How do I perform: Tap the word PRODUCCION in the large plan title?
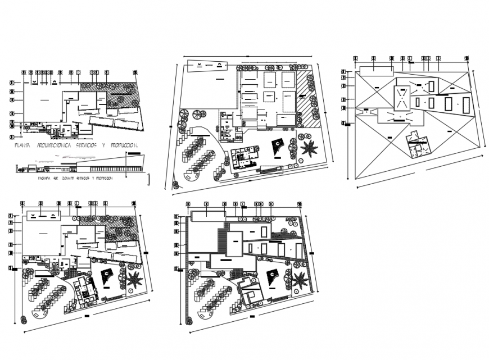click(125, 145)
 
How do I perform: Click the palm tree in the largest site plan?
click(308, 149)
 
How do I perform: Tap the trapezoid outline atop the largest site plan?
click(206, 66)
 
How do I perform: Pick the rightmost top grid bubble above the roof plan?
click(467, 58)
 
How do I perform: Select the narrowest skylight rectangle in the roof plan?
click(432, 86)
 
